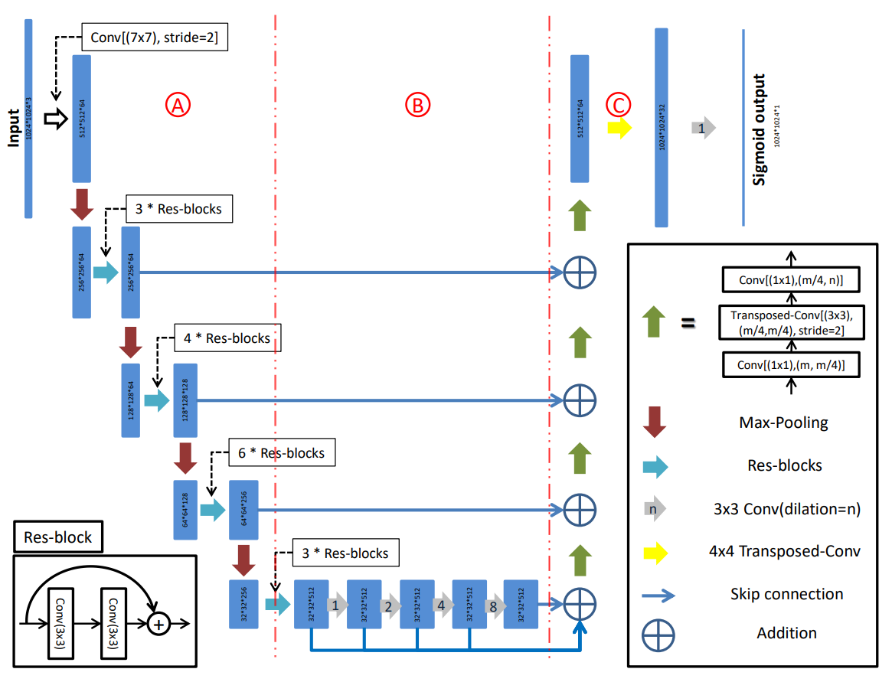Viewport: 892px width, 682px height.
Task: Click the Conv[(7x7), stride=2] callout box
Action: (153, 38)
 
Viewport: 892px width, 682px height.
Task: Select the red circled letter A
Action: (178, 106)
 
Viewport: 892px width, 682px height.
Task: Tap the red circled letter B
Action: (418, 106)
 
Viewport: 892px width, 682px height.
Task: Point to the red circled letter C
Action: (616, 104)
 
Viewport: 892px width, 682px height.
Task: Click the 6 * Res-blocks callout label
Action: (280, 453)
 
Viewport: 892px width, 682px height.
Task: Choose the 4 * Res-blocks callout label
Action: (226, 338)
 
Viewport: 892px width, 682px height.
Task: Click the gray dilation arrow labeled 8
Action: (493, 605)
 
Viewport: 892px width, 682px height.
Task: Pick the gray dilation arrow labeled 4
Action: (441, 605)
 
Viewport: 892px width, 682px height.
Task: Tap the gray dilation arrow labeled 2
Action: (389, 605)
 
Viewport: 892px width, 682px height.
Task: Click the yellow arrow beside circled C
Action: (619, 128)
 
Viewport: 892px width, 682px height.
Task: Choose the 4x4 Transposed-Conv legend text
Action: (786, 550)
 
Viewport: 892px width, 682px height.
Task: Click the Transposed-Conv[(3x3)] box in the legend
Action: (792, 322)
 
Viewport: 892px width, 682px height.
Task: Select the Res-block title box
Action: (58, 538)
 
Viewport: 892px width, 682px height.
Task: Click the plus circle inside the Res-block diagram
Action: (158, 625)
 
